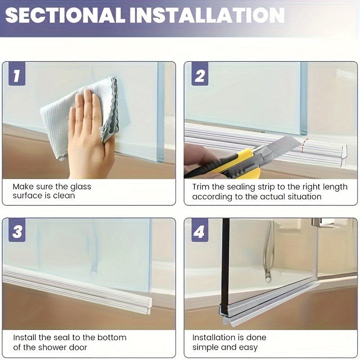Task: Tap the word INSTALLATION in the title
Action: point(207,15)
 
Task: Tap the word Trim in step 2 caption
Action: point(201,187)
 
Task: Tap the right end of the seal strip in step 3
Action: point(149,306)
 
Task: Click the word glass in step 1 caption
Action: point(81,187)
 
